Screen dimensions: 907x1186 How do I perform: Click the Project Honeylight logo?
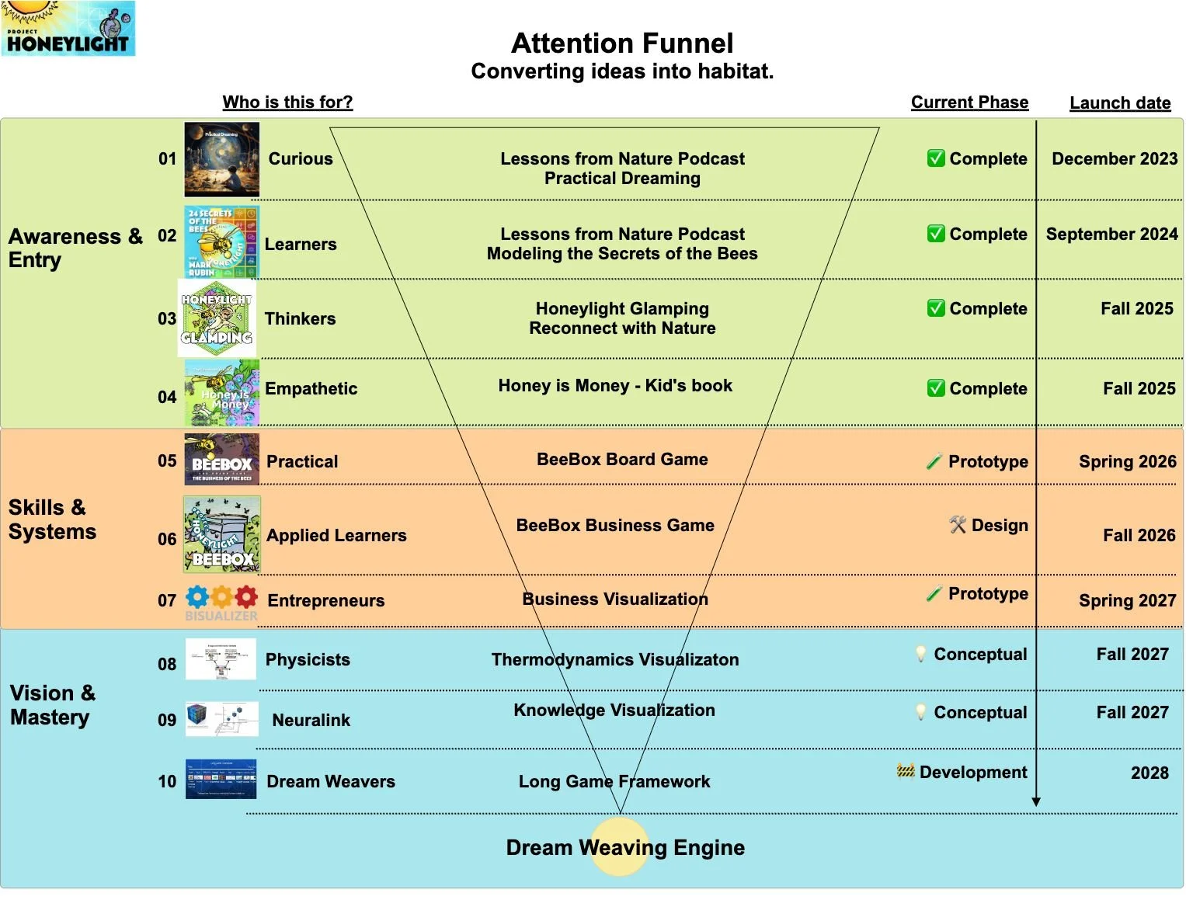coord(68,28)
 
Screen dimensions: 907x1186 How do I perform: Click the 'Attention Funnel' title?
coord(622,43)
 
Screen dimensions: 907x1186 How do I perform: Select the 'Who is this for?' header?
coord(287,103)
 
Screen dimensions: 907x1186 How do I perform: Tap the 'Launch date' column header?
coord(1119,103)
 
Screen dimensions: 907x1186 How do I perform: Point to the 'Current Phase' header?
coord(969,103)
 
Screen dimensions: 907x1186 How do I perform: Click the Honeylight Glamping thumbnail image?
coord(217,318)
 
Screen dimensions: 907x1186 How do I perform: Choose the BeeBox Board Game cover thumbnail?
coord(222,460)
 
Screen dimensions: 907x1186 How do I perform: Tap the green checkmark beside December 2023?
coord(936,158)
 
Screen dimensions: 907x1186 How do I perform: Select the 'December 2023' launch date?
coord(1115,158)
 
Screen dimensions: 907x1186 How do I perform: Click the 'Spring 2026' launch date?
coord(1127,462)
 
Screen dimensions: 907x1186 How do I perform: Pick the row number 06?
coord(167,539)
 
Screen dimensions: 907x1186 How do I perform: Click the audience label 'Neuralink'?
coord(311,721)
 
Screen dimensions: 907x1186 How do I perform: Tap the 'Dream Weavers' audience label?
coord(331,782)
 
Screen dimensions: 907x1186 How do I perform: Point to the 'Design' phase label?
coord(999,526)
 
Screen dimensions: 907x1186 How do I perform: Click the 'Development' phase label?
coord(972,773)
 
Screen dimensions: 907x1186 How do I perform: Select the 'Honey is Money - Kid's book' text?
coord(615,386)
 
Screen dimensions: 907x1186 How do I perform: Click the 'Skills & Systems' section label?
coord(52,520)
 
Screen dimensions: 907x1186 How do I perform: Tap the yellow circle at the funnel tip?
coord(620,847)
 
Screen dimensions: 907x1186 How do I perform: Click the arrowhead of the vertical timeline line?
coord(1035,801)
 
